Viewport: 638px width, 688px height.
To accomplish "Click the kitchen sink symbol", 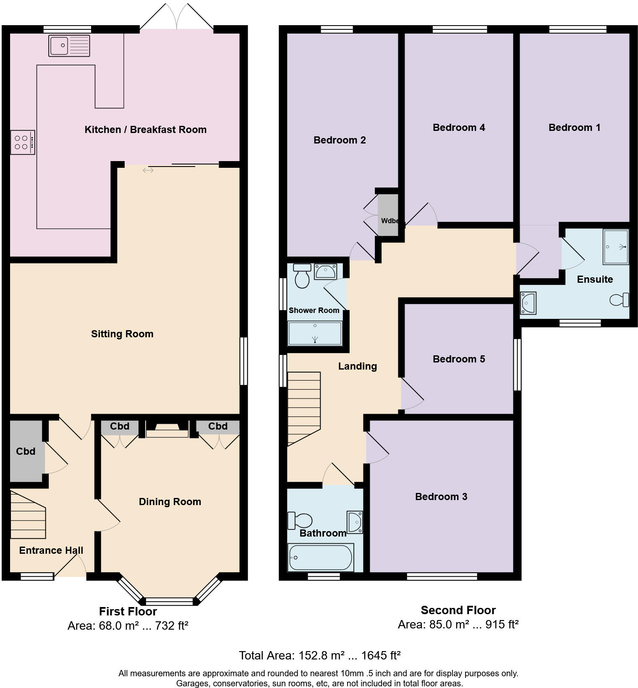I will [x=69, y=46].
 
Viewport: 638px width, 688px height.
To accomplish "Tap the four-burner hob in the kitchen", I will [x=23, y=143].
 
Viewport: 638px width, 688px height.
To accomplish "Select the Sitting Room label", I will [x=122, y=334].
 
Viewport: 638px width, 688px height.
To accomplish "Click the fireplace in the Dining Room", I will [x=167, y=430].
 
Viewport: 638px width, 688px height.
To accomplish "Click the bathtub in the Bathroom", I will [x=321, y=558].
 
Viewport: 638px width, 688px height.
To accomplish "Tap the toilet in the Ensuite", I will [x=620, y=300].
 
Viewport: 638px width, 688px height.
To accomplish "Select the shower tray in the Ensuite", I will [x=616, y=247].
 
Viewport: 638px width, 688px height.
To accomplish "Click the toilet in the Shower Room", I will [x=302, y=276].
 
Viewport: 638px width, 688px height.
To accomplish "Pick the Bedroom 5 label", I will [x=459, y=359].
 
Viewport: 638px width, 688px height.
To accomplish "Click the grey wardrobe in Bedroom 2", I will [x=388, y=215].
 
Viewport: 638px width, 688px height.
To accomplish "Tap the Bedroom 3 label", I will [x=441, y=497].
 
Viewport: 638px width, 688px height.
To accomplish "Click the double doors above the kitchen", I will [x=177, y=17].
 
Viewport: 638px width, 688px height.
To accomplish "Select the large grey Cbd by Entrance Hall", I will [x=26, y=451].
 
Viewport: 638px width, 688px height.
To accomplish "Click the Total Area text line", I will [x=319, y=655].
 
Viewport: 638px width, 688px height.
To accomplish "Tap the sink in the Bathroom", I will [x=355, y=522].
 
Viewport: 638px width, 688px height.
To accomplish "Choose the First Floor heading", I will [x=128, y=611].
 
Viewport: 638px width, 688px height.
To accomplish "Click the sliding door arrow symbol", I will [x=148, y=170].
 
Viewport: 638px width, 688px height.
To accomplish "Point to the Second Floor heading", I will [x=458, y=610].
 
